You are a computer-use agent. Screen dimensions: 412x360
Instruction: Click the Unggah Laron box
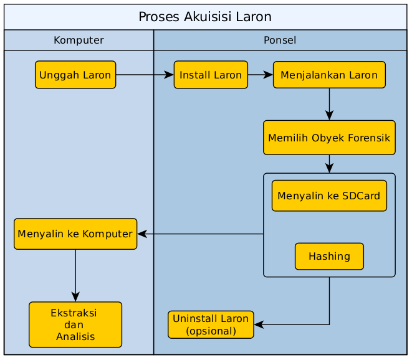(x=75, y=75)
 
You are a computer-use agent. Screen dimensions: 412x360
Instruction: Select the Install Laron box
(x=211, y=75)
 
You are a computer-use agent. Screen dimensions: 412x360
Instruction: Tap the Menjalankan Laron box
(x=329, y=75)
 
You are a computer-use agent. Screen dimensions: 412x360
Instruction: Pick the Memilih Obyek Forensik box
(x=329, y=138)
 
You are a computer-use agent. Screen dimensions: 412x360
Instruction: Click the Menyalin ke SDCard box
(x=329, y=196)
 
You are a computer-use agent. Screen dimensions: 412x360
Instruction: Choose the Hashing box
(x=329, y=256)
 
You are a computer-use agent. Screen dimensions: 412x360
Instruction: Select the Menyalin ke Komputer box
(x=75, y=234)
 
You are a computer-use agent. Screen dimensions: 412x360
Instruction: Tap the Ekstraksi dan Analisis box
(x=75, y=324)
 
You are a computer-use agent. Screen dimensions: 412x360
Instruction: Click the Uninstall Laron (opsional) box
(x=211, y=324)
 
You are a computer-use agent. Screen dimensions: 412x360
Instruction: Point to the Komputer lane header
(x=79, y=40)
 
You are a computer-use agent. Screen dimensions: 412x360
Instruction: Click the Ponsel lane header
(x=280, y=40)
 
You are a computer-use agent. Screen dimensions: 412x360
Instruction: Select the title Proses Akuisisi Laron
(x=205, y=17)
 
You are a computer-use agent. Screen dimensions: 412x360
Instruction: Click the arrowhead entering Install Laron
(x=169, y=75)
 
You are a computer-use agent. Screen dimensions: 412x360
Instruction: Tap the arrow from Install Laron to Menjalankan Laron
(x=261, y=75)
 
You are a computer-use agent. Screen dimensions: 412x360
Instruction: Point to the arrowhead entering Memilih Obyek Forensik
(x=329, y=115)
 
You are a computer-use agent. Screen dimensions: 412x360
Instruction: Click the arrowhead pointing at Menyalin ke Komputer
(x=142, y=234)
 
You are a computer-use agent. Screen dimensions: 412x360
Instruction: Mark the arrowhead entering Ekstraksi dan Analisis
(x=75, y=296)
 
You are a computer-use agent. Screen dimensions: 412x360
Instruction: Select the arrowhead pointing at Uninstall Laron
(x=259, y=324)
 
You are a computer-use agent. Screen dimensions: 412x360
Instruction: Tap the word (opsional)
(x=211, y=331)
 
